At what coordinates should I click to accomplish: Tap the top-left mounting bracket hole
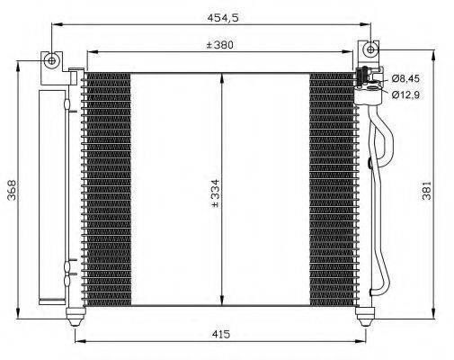pos(52,60)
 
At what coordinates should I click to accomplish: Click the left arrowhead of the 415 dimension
pos(77,342)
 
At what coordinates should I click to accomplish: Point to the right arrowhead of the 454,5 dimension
pos(369,26)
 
